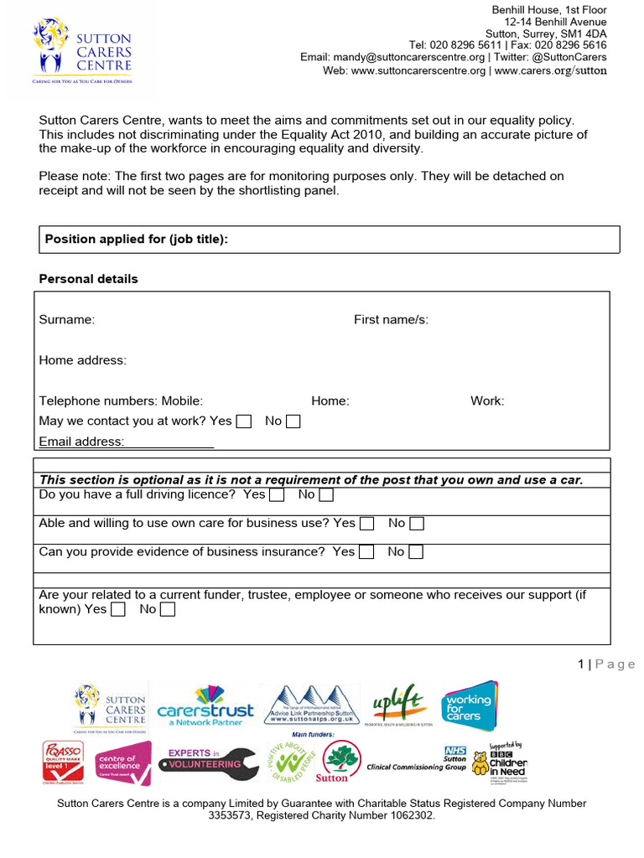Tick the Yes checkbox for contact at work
point(244,421)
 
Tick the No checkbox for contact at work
point(293,421)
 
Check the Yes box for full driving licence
point(278,495)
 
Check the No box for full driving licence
point(326,495)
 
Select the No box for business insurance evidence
point(415,552)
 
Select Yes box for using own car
point(367,524)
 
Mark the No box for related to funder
point(168,610)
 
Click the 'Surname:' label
point(67,319)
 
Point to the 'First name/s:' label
point(391,319)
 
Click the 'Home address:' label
point(83,360)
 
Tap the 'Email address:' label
point(81,442)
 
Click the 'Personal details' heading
point(89,279)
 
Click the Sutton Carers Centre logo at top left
point(82,50)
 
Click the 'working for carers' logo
point(470,706)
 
